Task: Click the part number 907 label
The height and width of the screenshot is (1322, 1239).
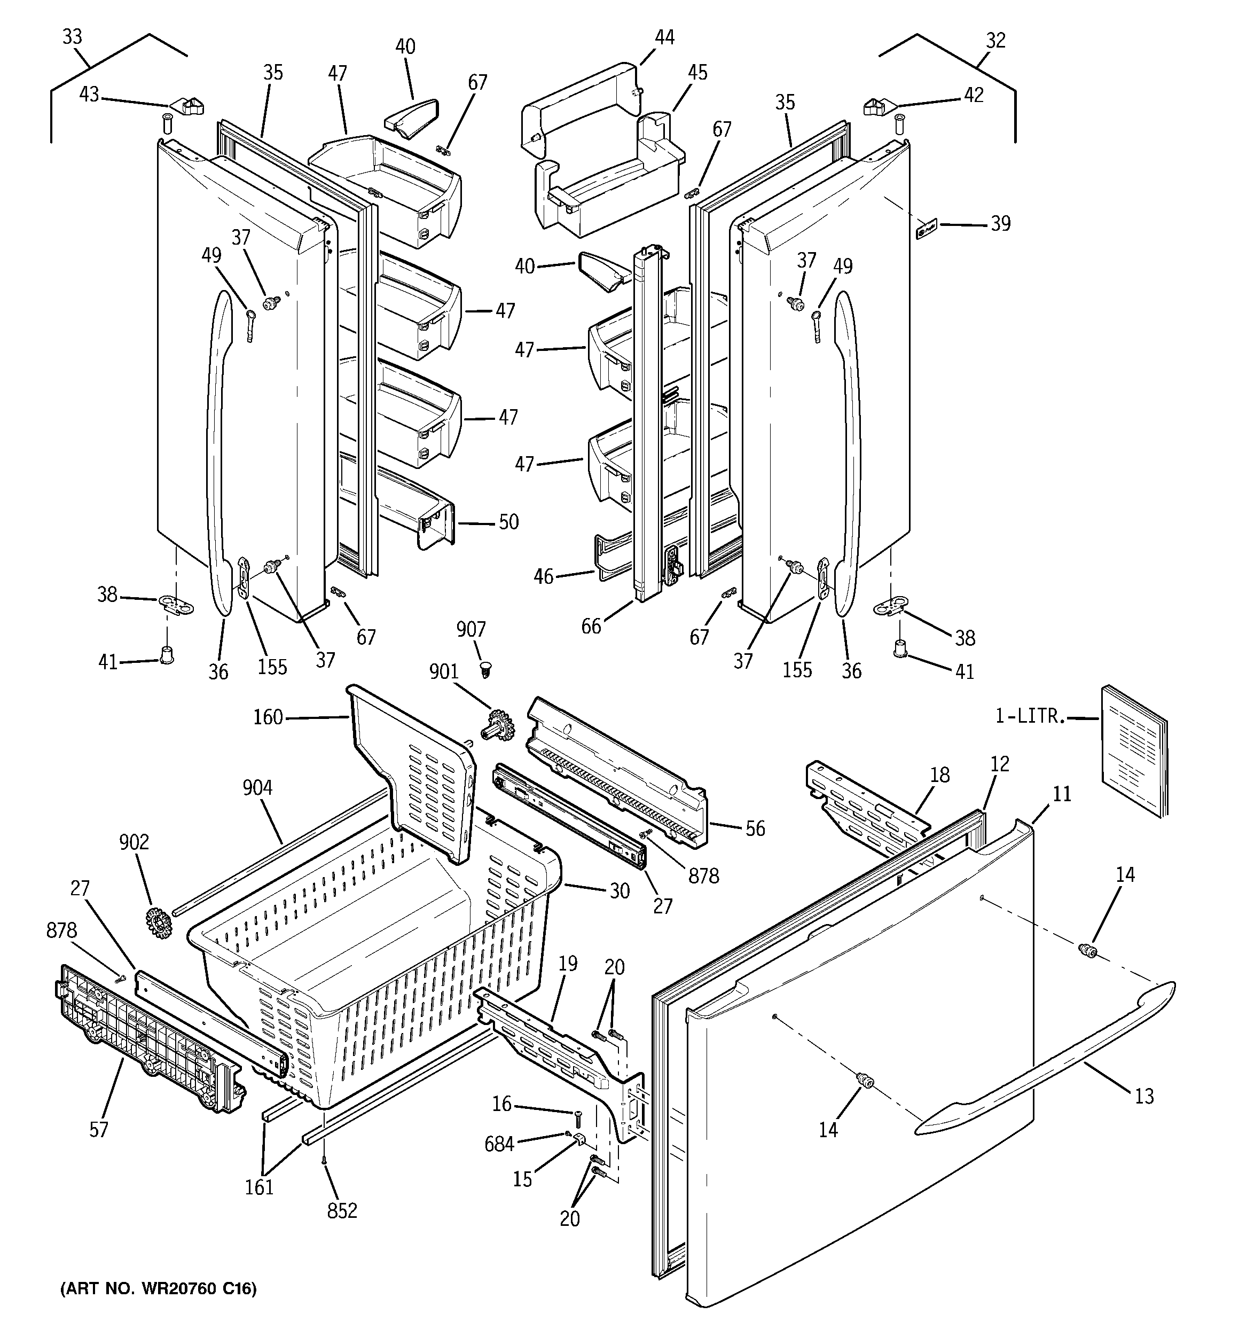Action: point(471,629)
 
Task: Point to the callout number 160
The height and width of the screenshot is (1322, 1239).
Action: point(268,717)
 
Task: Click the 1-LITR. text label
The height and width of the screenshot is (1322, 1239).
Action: point(1030,716)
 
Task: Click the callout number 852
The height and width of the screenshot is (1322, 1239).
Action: point(342,1210)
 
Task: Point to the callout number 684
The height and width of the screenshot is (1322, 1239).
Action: point(499,1144)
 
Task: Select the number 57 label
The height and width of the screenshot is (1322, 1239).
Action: point(98,1129)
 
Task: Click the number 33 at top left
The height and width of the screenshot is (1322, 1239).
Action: point(72,36)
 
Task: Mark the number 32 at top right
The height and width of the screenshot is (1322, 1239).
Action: point(995,41)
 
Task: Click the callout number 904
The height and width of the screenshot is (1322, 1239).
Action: point(257,788)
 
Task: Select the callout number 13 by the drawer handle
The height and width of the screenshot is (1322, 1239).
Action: point(1144,1096)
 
